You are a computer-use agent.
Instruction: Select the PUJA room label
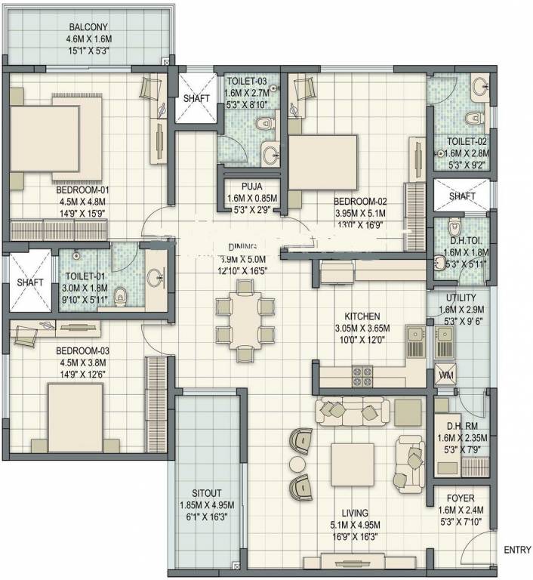[252, 186]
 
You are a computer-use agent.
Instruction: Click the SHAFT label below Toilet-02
[461, 196]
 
